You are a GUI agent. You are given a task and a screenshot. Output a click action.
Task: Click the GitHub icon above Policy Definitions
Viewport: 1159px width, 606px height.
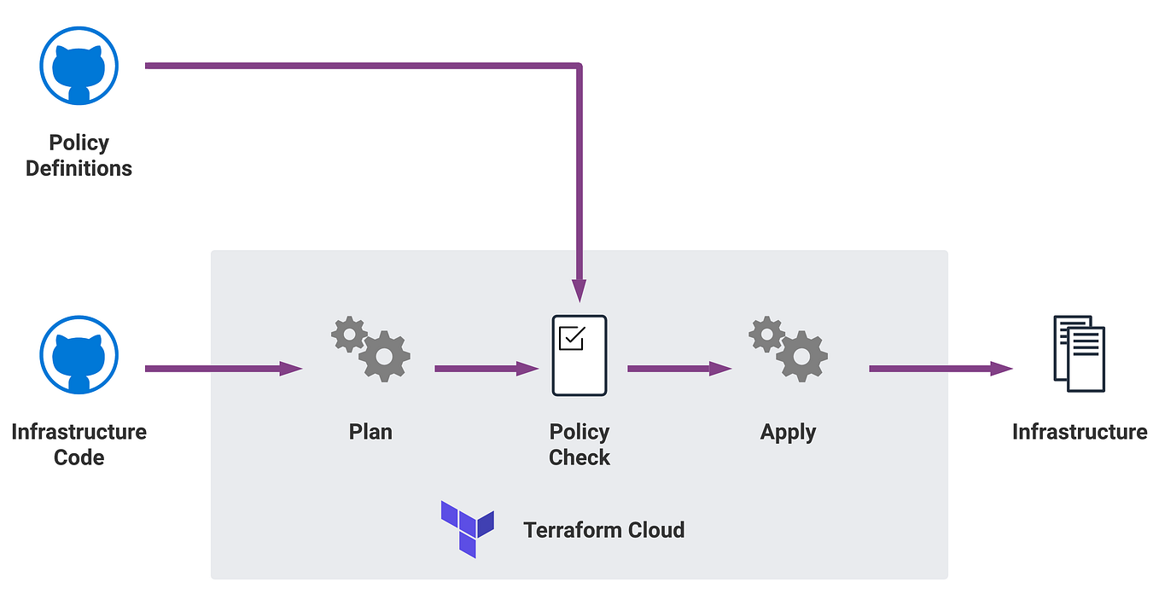pyautogui.click(x=79, y=67)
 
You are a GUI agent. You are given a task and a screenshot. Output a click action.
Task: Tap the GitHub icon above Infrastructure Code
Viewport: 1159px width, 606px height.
pyautogui.click(x=79, y=355)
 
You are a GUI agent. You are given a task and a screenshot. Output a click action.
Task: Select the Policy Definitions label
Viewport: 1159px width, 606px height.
pyautogui.click(x=79, y=155)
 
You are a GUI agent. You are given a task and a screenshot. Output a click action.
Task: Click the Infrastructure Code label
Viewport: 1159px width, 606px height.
pyautogui.click(x=79, y=444)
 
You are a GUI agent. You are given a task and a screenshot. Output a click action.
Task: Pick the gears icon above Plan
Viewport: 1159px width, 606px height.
pyautogui.click(x=370, y=348)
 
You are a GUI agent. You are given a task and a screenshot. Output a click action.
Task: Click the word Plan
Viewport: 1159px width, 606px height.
pyautogui.click(x=370, y=431)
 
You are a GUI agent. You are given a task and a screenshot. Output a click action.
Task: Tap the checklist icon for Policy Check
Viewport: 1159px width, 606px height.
pyautogui.click(x=579, y=355)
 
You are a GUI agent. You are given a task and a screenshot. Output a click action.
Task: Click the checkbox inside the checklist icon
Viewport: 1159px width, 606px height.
pyautogui.click(x=570, y=339)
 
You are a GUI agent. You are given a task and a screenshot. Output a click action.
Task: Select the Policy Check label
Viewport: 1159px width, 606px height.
pyautogui.click(x=579, y=444)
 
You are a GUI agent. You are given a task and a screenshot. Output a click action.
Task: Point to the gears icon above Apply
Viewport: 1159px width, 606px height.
pyautogui.click(x=788, y=348)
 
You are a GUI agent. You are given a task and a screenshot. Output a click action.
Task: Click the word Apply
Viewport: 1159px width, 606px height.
pyautogui.click(x=788, y=432)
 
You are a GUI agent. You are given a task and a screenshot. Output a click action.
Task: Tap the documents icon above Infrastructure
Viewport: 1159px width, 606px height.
pyautogui.click(x=1079, y=353)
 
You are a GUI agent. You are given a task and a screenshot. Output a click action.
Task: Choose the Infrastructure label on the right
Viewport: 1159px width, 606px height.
pyautogui.click(x=1079, y=432)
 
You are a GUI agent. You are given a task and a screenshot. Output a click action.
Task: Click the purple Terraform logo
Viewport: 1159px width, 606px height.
pyautogui.click(x=467, y=529)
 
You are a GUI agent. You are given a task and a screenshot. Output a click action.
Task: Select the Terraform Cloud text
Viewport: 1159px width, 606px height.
pyautogui.click(x=603, y=530)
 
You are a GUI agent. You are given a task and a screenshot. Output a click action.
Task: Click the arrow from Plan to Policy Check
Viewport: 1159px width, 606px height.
pyautogui.click(x=486, y=369)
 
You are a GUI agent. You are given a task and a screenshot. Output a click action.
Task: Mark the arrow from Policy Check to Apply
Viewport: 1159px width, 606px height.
pyautogui.click(x=679, y=369)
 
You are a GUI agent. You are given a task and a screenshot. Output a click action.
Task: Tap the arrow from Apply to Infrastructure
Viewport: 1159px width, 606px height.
pyautogui.click(x=940, y=369)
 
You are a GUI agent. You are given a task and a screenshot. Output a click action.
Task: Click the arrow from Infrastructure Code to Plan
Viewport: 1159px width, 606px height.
pyautogui.click(x=223, y=369)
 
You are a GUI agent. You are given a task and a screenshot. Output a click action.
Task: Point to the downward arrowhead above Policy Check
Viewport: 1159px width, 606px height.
pyautogui.click(x=579, y=290)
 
